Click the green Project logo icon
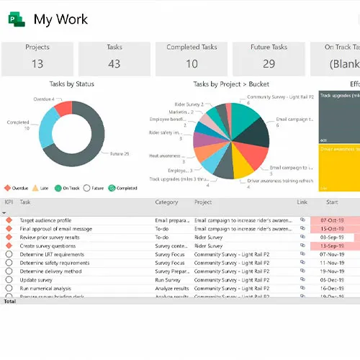click(16, 19)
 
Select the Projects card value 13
click(37, 63)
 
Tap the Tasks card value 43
click(114, 63)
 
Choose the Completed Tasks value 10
click(192, 63)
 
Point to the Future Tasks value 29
click(269, 63)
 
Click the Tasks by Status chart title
click(71, 84)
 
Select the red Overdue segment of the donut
click(63, 109)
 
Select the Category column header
click(166, 203)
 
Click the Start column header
click(332, 203)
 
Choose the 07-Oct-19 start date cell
click(332, 220)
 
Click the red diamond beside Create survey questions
click(9, 246)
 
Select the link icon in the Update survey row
click(302, 280)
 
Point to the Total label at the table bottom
click(9, 301)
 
